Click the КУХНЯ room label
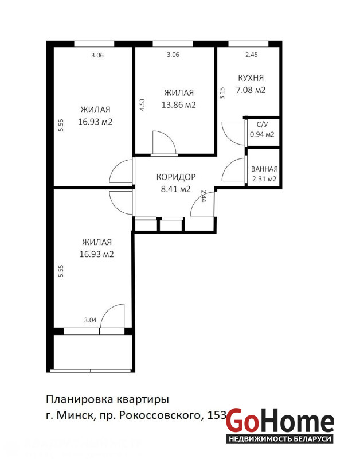[x=251, y=78]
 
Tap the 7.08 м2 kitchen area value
[x=251, y=90]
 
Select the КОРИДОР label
[x=176, y=177]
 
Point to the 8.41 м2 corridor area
[x=176, y=189]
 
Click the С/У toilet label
[x=262, y=125]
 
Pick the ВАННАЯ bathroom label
[x=264, y=169]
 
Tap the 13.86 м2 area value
[x=179, y=105]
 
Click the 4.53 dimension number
[x=142, y=104]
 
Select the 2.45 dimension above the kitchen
[x=252, y=55]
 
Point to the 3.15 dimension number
[x=222, y=94]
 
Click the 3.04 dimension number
[x=90, y=320]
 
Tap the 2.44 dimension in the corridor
[x=204, y=196]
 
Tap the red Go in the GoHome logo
[x=242, y=421]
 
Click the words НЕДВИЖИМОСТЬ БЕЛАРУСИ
[x=280, y=439]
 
